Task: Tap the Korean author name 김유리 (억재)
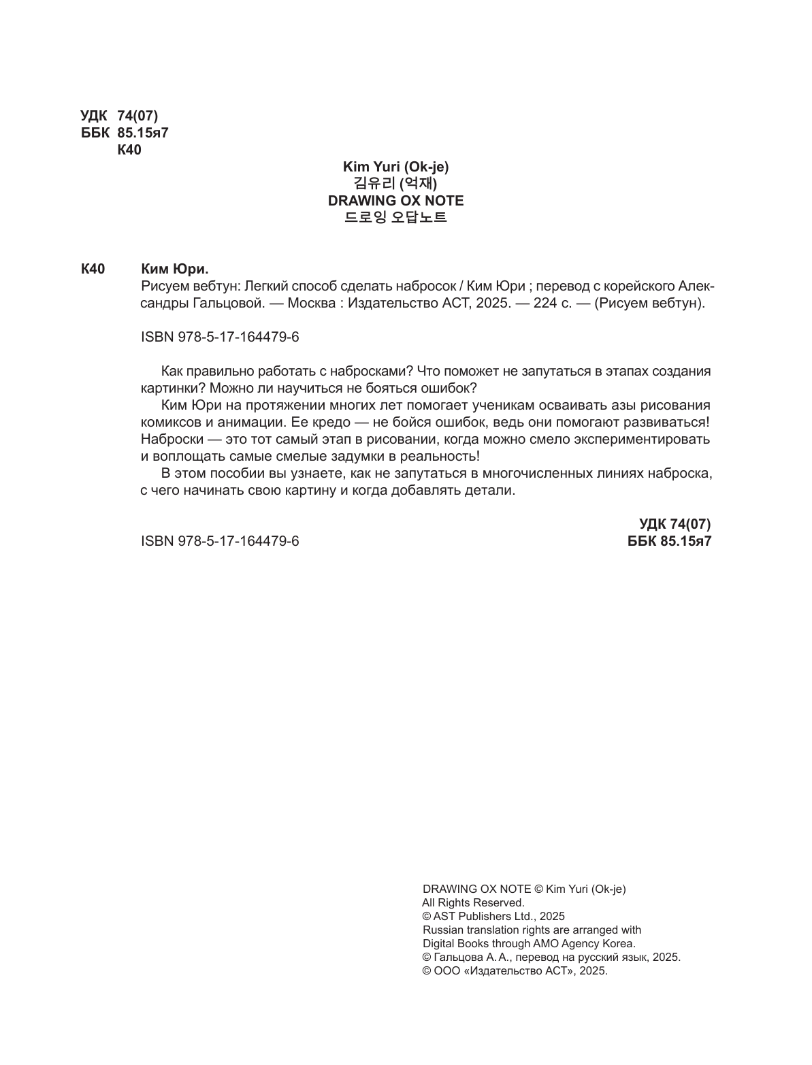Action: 395,183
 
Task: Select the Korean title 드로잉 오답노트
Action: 395,218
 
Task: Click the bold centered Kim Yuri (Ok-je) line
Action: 395,166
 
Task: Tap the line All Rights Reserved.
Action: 474,902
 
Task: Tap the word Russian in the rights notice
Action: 442,930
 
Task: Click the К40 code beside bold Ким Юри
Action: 93,269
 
